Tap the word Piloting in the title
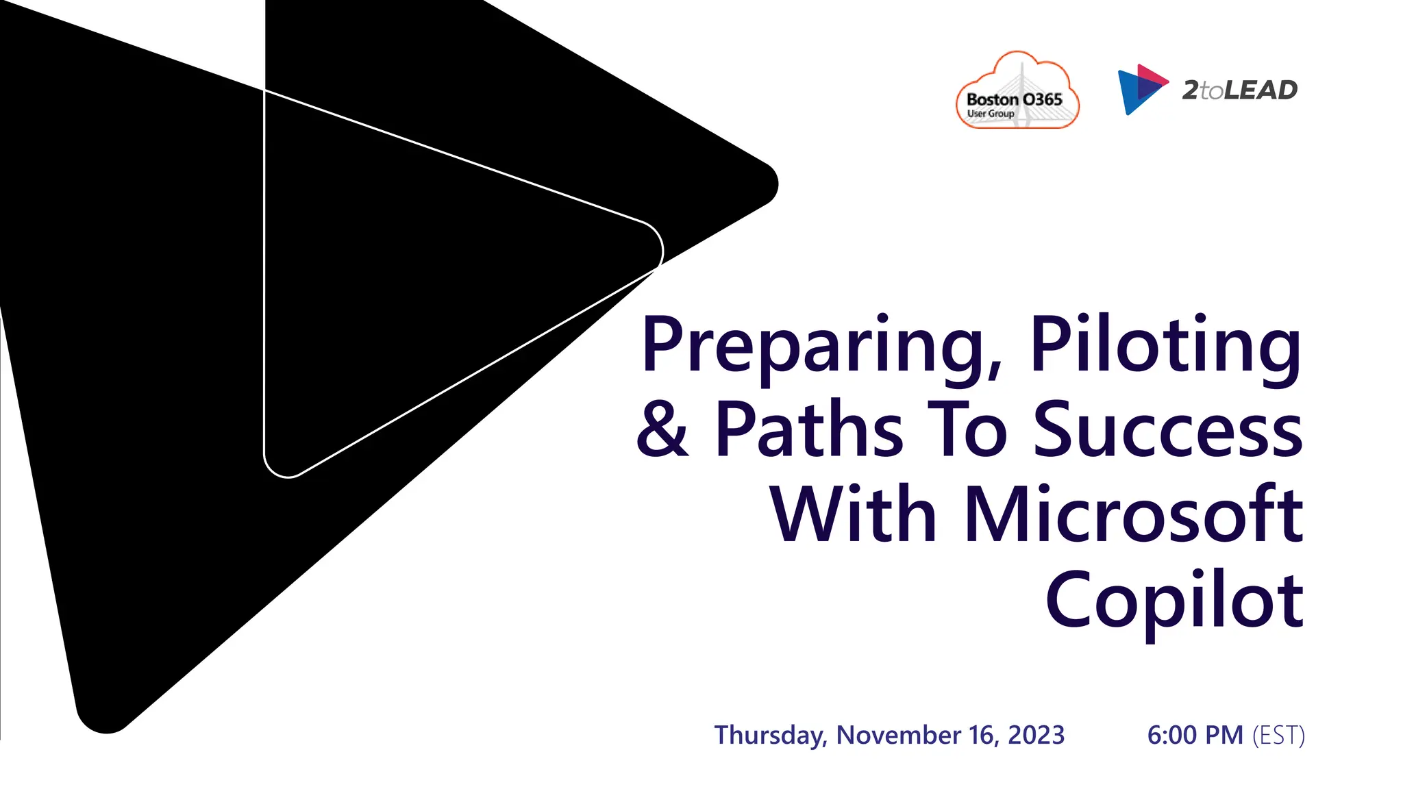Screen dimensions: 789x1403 click(1165, 346)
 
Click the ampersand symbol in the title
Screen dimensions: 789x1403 click(662, 429)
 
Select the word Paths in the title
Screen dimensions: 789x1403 click(808, 429)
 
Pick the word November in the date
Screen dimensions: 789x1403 click(898, 735)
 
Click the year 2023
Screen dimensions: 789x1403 click(1036, 735)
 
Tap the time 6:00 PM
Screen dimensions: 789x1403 click(1195, 735)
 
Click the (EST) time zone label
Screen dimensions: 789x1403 click(1278, 735)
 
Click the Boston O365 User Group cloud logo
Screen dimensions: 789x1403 click(1017, 92)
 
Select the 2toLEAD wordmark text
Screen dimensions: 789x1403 click(1239, 90)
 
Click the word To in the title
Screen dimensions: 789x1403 click(967, 429)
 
